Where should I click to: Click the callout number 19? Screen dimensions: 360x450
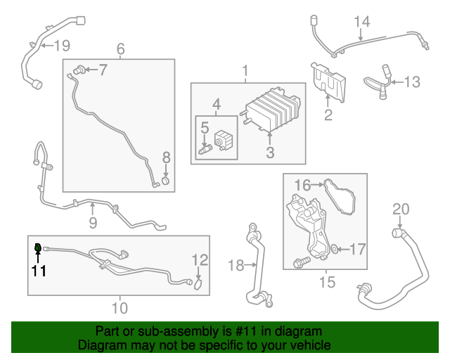click(x=62, y=46)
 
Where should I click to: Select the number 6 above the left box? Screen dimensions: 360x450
click(x=120, y=49)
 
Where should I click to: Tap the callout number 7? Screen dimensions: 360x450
click(x=103, y=69)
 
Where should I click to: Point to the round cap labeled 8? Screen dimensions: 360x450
click(x=166, y=183)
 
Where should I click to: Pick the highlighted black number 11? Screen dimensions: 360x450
click(x=38, y=270)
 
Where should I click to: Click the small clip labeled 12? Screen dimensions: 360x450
click(x=198, y=285)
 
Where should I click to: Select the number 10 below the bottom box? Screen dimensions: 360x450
click(x=120, y=307)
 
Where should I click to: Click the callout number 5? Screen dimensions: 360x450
click(x=205, y=128)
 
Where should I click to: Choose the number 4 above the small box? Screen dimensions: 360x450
click(x=217, y=105)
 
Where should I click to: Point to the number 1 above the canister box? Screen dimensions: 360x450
click(x=246, y=71)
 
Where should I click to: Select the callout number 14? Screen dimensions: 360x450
click(x=361, y=22)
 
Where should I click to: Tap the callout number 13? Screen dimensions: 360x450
click(x=411, y=82)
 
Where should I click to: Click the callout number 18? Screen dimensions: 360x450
click(x=236, y=265)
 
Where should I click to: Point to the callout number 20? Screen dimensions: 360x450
click(x=400, y=209)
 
